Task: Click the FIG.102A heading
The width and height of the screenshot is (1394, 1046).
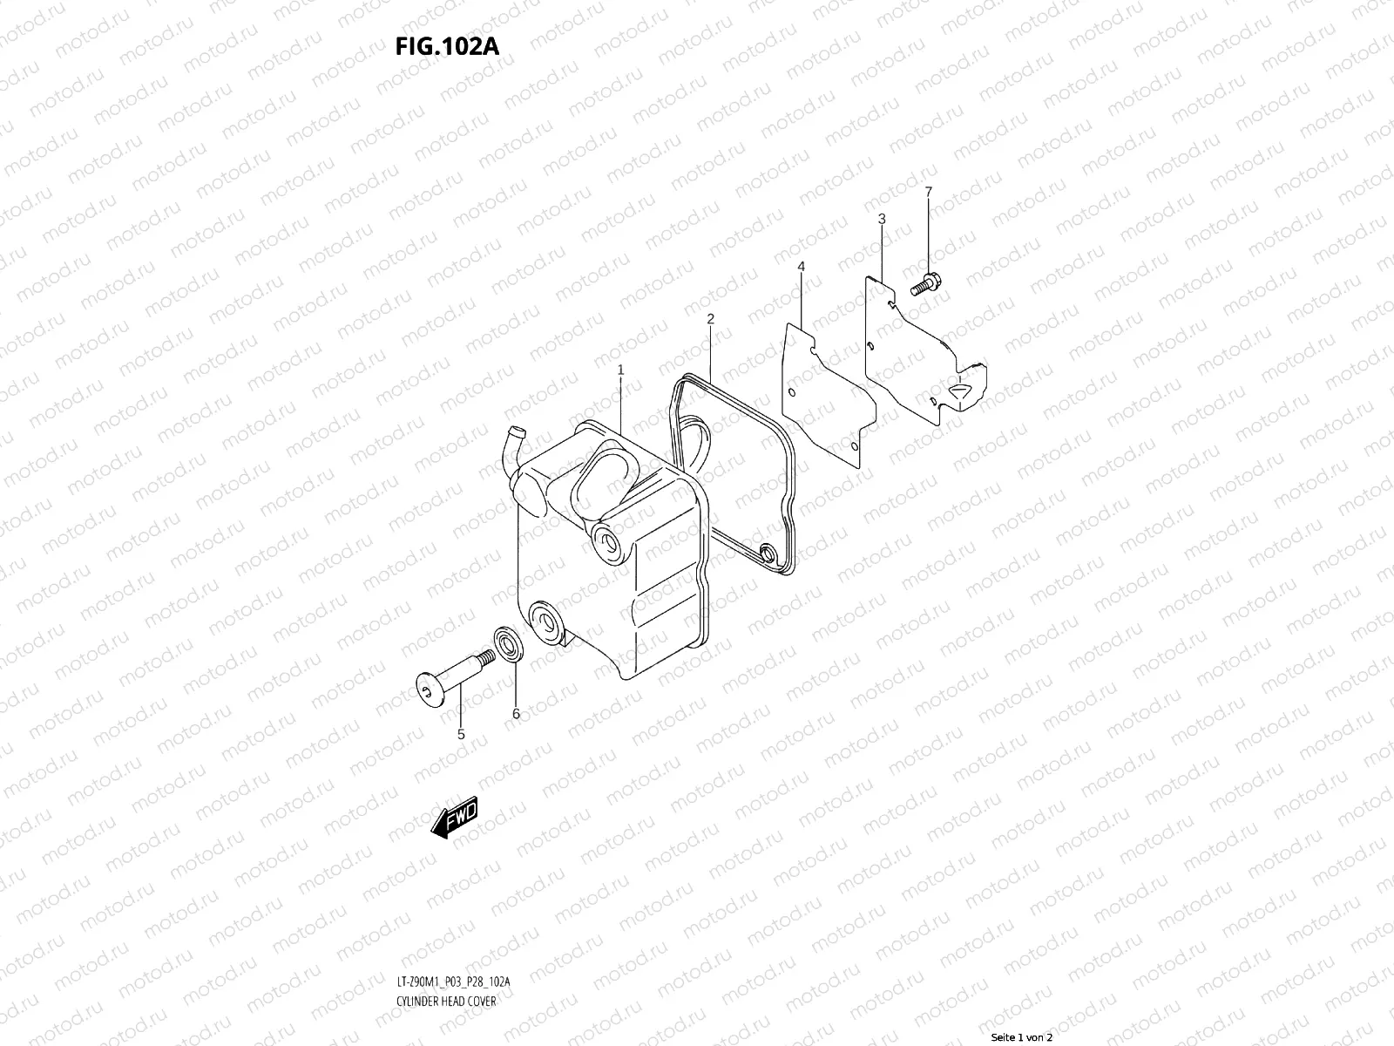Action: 447,47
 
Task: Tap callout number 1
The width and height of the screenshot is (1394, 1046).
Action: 620,370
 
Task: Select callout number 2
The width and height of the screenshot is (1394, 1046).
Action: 710,319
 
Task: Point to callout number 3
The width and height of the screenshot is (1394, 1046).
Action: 882,219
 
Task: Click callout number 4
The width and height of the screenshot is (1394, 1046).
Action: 801,267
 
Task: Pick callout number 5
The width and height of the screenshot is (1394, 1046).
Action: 460,735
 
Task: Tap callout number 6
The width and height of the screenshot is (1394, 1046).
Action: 516,714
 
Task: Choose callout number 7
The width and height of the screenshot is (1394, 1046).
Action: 929,192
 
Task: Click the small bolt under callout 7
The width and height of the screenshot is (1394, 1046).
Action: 926,284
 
